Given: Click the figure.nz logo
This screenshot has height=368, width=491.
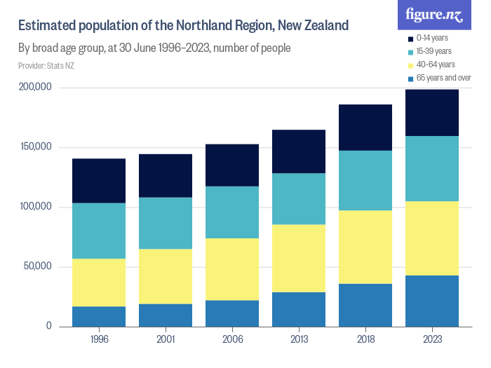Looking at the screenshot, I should (x=435, y=14).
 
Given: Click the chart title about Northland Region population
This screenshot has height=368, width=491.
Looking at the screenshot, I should (x=183, y=27).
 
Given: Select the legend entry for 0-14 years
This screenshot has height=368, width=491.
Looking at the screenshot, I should (x=431, y=38).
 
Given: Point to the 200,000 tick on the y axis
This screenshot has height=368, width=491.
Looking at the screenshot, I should (x=34, y=88).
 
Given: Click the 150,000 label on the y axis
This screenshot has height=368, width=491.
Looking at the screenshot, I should (x=34, y=147).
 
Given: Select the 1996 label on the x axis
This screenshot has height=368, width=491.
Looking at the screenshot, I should (x=99, y=339).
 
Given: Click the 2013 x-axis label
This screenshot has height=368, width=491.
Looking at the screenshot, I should (x=299, y=339).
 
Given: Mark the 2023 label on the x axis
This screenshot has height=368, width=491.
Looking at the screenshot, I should (x=432, y=339).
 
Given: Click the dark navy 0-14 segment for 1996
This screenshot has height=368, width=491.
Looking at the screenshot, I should (x=99, y=181).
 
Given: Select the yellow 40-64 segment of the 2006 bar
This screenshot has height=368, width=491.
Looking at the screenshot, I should (x=232, y=269).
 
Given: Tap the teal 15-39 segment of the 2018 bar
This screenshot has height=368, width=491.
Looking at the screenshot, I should (x=365, y=180).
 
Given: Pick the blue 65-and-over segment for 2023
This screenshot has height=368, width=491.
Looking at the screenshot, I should (x=432, y=301).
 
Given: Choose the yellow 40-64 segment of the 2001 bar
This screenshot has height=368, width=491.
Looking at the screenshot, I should (x=166, y=276).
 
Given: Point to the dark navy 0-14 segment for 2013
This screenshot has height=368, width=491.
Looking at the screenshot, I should (x=299, y=151).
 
